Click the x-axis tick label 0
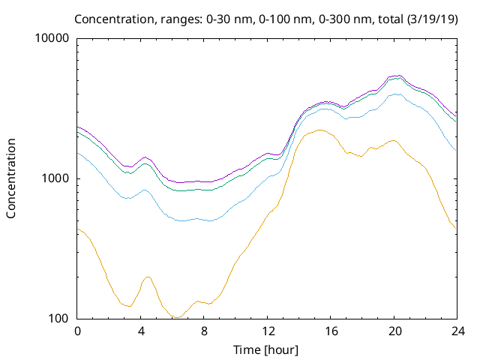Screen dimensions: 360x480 pyautogui.click(x=77, y=331)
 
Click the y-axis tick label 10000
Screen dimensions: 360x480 pyautogui.click(x=52, y=38)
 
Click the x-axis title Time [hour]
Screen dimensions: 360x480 pyautogui.click(x=266, y=349)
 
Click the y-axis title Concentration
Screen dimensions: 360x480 pyautogui.click(x=12, y=178)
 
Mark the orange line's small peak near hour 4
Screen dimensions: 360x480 pyautogui.click(x=148, y=277)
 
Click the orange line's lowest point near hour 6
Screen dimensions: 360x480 pyautogui.click(x=175, y=317)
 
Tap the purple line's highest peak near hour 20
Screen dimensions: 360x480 pyautogui.click(x=397, y=76)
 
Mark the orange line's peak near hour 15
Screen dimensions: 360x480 pyautogui.click(x=319, y=130)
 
